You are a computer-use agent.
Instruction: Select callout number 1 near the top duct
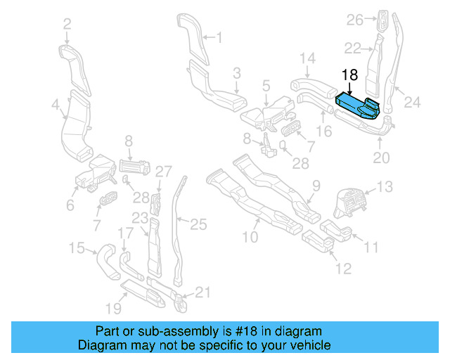coord(218,37)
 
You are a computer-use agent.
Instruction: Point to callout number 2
coord(67,25)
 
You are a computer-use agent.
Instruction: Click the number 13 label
coord(385,187)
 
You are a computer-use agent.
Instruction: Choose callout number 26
coord(354,19)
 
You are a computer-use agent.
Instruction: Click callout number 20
coord(380,158)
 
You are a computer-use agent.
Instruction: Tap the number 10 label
coord(250,237)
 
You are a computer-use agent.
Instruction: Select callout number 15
coord(76,247)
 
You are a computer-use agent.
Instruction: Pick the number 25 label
coord(199,224)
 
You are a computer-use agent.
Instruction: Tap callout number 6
coord(70,205)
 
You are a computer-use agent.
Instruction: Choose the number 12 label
coord(342,269)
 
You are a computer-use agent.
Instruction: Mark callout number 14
coord(307,58)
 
